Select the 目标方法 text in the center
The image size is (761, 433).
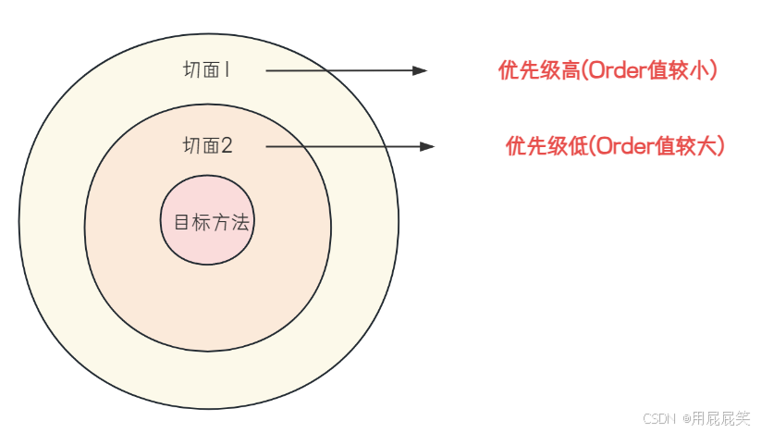(x=212, y=223)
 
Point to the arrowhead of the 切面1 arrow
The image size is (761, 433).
(x=421, y=70)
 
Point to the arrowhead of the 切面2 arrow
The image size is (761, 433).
(x=427, y=146)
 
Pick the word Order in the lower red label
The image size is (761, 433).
(x=608, y=146)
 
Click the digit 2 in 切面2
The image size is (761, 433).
(x=227, y=145)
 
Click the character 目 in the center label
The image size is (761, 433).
(x=182, y=223)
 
